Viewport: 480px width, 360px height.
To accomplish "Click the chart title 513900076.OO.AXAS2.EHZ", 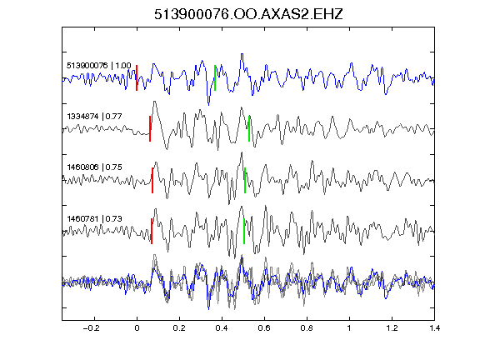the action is coord(248,14).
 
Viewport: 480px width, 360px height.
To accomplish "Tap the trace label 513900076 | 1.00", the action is coord(99,66).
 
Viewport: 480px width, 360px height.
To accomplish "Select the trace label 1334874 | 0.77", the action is coord(95,117).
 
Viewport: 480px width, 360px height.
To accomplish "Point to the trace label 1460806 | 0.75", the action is coord(95,167).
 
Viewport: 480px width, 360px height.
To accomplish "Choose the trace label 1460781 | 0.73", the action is coord(95,218).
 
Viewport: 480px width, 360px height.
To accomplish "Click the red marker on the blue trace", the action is coord(137,77).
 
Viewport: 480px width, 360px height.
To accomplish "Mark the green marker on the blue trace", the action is coord(215,77).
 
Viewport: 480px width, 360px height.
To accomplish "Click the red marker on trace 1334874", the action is coord(150,128).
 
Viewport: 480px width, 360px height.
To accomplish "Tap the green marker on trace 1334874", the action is coord(249,128).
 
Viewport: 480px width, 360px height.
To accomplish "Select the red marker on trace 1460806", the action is coord(152,180).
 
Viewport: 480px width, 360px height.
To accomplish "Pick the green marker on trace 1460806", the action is coord(245,180).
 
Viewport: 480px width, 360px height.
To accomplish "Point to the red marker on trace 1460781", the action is coord(152,231).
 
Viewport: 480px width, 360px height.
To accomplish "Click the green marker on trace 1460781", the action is coord(244,231).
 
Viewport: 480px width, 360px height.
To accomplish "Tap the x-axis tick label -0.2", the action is coord(92,328).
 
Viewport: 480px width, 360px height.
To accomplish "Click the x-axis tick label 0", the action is coord(137,328).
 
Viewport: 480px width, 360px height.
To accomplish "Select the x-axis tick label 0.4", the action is coord(222,328).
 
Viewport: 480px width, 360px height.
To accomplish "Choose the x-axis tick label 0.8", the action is coord(307,328).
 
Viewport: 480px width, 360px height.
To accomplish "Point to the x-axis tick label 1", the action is coord(349,328).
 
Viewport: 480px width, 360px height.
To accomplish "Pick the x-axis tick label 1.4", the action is coord(434,328).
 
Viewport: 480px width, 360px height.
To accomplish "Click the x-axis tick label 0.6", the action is coord(264,328).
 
